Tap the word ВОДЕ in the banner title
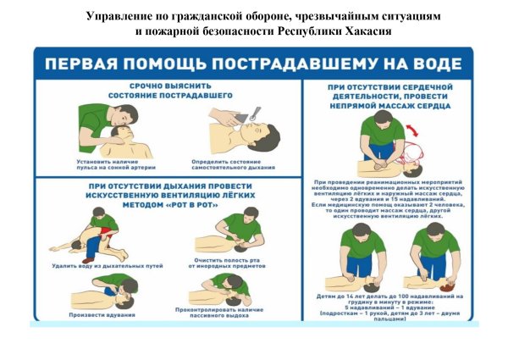[x=431, y=64]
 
